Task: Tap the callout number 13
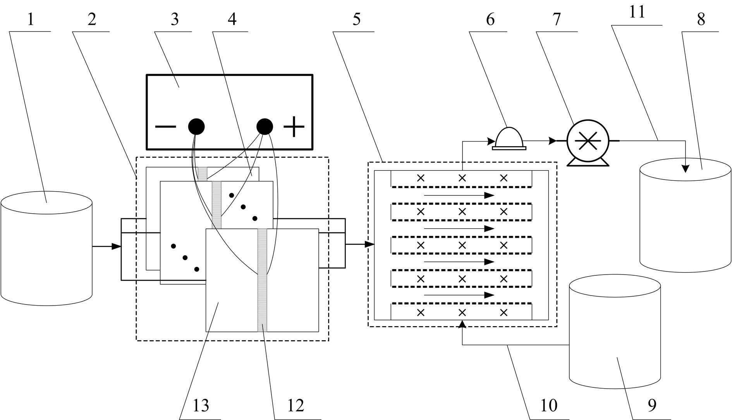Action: pyautogui.click(x=201, y=406)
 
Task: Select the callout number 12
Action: pyautogui.click(x=296, y=406)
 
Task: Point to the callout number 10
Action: pyautogui.click(x=548, y=406)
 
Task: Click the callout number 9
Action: pyautogui.click(x=652, y=406)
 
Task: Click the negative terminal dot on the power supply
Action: pyautogui.click(x=196, y=126)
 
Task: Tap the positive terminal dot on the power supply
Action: pyautogui.click(x=265, y=126)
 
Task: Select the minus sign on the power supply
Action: pyautogui.click(x=166, y=126)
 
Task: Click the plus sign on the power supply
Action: pyautogui.click(x=294, y=126)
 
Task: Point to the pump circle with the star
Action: pyautogui.click(x=588, y=141)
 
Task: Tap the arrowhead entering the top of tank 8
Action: pyautogui.click(x=686, y=168)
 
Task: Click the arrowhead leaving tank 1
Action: pyautogui.click(x=116, y=246)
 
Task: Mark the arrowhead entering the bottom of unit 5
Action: pyautogui.click(x=462, y=324)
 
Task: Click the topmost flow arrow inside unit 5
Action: pyautogui.click(x=459, y=195)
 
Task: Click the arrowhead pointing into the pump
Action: pyautogui.click(x=553, y=141)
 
